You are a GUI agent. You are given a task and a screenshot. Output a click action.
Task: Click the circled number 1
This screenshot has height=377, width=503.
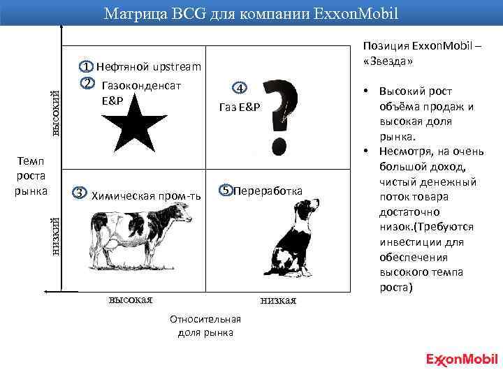[85, 67]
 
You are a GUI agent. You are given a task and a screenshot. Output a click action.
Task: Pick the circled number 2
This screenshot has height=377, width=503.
[87, 84]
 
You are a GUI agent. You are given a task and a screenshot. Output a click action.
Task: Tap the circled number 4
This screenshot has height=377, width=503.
[239, 89]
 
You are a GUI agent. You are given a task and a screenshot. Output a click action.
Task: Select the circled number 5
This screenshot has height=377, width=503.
[226, 190]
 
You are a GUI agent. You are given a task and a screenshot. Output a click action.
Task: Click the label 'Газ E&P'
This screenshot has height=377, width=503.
[240, 107]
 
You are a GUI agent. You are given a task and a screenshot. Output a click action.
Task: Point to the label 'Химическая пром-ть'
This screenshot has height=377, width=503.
[146, 195]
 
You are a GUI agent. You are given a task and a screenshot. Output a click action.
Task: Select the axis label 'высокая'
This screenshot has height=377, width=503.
[130, 300]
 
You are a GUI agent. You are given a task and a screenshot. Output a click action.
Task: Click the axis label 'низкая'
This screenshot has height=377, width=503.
[277, 300]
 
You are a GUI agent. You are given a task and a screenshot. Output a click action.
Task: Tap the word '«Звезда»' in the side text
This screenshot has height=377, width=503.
[388, 61]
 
